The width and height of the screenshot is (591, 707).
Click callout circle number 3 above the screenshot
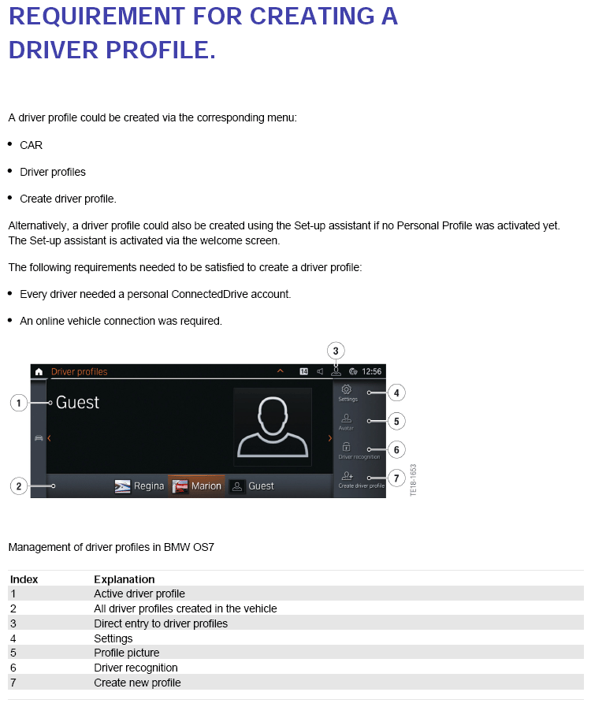click(336, 351)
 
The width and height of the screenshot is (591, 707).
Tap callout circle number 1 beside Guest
click(19, 403)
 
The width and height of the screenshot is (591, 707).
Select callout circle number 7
click(397, 478)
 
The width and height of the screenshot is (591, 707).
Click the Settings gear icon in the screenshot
click(347, 389)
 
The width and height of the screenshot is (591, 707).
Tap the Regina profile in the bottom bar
click(140, 486)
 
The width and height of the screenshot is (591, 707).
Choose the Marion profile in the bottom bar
click(197, 486)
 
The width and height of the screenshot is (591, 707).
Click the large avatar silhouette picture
click(273, 426)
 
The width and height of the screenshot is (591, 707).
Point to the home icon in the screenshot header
click(39, 371)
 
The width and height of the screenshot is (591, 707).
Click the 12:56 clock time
click(371, 371)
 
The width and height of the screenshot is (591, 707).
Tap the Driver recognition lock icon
click(347, 447)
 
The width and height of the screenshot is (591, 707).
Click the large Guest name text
click(77, 403)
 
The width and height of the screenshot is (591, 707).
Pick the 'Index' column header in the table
click(24, 579)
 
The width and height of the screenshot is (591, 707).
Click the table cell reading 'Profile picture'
click(126, 653)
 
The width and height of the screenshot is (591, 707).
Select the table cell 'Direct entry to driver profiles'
click(160, 623)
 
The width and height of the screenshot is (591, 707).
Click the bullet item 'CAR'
click(31, 145)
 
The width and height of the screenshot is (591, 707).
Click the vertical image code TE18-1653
click(413, 479)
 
